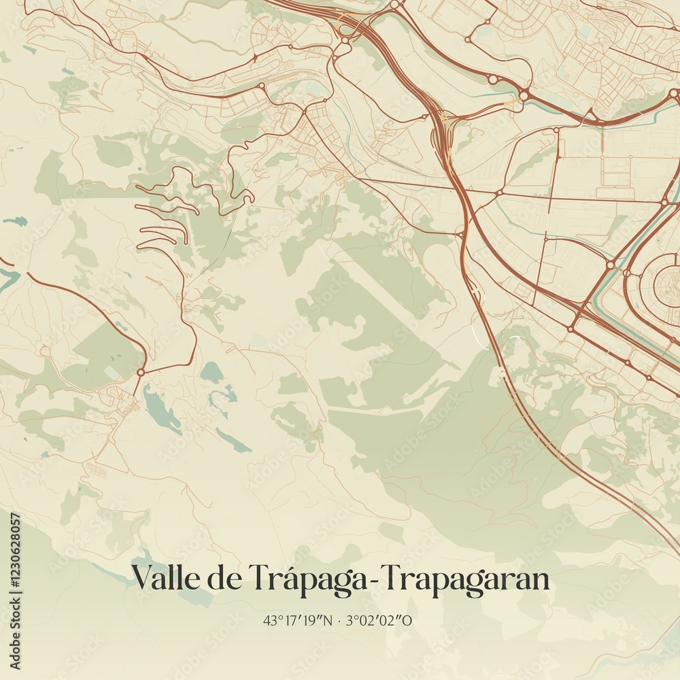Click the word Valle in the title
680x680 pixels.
(x=160, y=579)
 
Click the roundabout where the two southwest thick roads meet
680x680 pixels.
(x=141, y=372)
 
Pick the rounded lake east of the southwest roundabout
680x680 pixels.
(x=211, y=372)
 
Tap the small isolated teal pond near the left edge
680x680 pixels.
(x=15, y=221)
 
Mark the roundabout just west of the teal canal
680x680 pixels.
(x=611, y=265)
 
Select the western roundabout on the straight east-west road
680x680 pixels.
(x=498, y=193)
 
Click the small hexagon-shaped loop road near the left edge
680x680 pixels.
(x=46, y=351)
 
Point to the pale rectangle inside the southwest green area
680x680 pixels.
(x=110, y=373)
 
